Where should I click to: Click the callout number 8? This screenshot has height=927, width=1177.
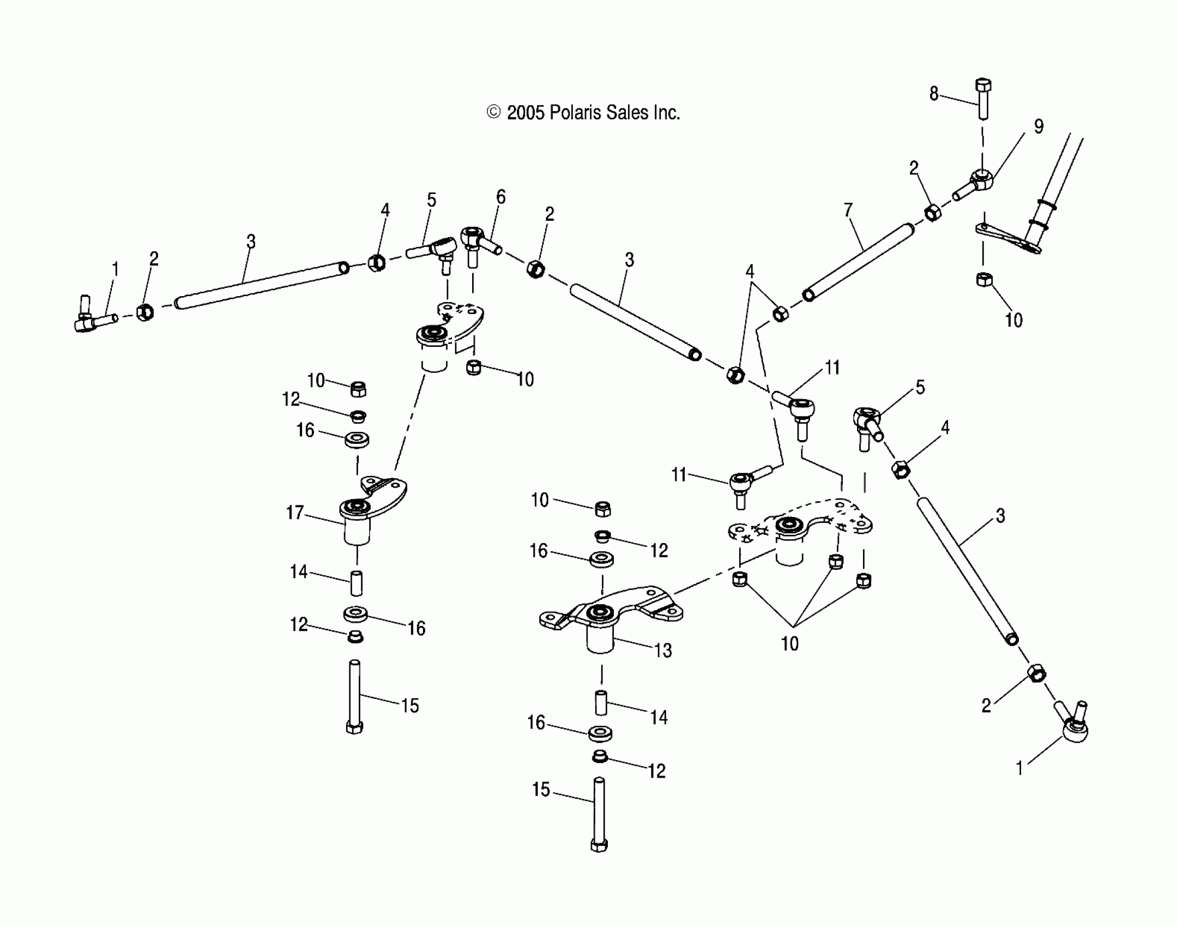click(934, 94)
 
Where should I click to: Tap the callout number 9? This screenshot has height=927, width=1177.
click(1039, 127)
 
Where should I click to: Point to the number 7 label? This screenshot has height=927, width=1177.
click(848, 210)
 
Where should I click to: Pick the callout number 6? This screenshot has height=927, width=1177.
click(500, 196)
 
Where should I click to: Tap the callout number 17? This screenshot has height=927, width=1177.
click(295, 513)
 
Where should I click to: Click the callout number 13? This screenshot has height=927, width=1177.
click(663, 650)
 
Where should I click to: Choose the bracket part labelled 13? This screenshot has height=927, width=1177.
click(611, 616)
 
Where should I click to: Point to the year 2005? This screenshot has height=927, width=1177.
click(526, 113)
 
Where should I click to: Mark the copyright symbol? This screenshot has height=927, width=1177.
click(493, 112)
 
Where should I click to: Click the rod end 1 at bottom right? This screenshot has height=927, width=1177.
click(1072, 725)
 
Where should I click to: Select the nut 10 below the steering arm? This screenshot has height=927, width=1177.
click(984, 280)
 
